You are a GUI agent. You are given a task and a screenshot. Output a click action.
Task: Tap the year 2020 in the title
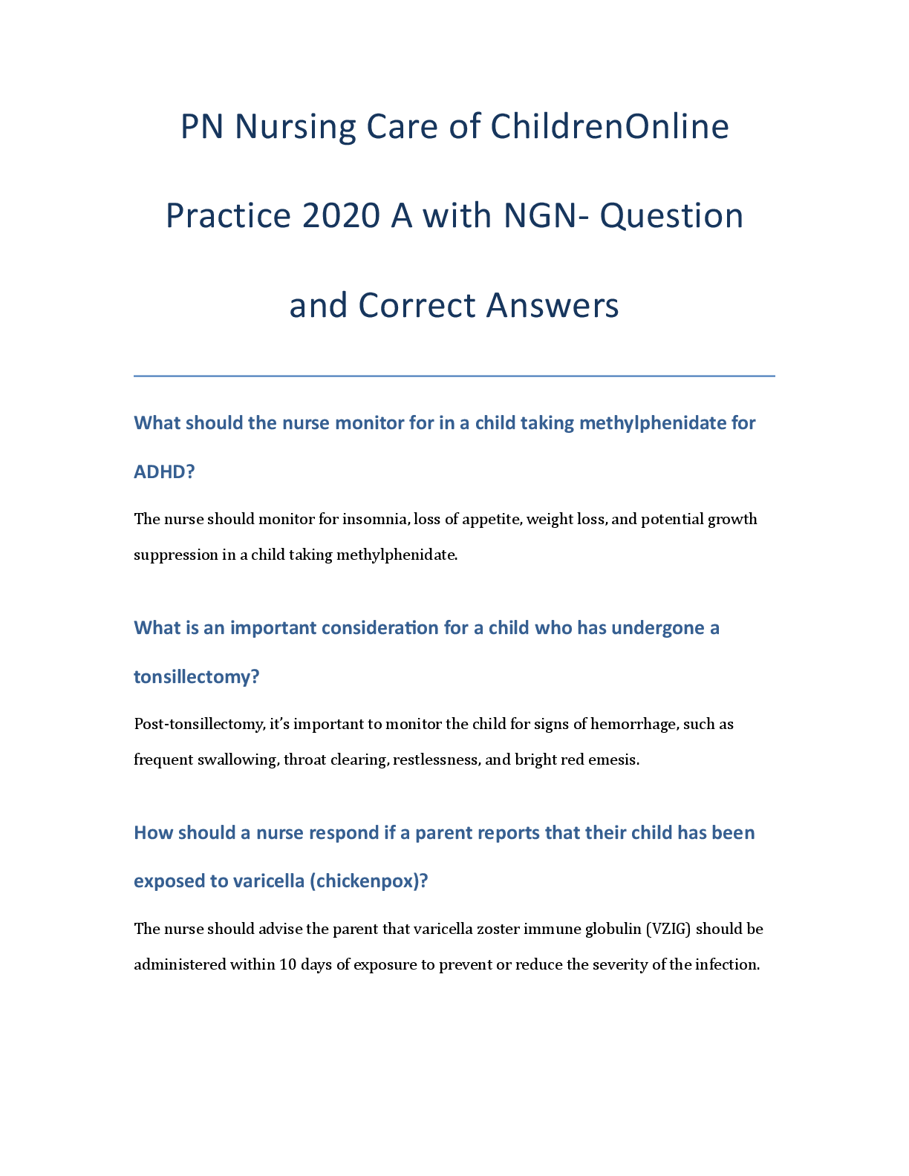click(340, 216)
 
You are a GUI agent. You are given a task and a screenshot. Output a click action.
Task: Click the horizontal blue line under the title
click(454, 376)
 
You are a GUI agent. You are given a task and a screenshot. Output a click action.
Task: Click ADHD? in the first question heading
click(164, 472)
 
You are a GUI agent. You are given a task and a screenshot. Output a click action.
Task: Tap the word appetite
click(492, 519)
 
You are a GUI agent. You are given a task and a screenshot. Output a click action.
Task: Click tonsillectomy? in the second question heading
click(196, 677)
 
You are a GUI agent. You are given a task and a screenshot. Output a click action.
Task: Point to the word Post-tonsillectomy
click(198, 724)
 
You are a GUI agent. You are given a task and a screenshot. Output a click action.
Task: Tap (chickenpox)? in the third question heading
click(369, 881)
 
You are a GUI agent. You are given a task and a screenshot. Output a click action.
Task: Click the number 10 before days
click(287, 964)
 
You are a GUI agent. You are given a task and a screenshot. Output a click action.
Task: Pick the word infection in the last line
click(727, 964)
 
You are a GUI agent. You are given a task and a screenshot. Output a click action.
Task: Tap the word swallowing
click(238, 759)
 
